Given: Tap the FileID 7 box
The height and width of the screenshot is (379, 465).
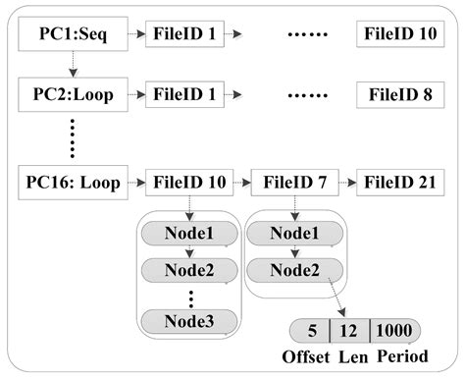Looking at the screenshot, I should point(292,183).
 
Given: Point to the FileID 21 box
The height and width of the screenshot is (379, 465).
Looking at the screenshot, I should point(398,183).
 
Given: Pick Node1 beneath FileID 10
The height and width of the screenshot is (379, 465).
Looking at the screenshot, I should point(190,234).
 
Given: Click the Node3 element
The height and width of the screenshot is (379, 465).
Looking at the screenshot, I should point(190,320).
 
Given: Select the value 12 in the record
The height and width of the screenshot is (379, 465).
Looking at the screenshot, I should point(350,331).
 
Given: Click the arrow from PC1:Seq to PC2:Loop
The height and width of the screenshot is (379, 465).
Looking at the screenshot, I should point(71,66).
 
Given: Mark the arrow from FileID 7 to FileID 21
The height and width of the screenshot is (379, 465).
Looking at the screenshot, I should point(345,183).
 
